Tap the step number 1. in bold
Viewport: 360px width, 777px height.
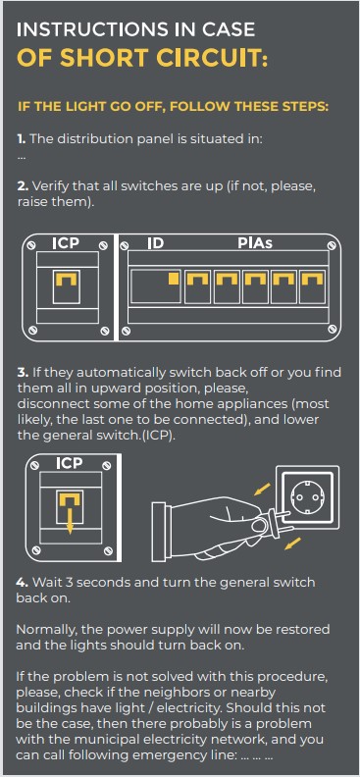point(22,138)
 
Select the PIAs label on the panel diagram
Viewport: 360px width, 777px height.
point(255,243)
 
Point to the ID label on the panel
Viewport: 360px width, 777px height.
point(156,243)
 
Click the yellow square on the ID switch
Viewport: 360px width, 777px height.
point(174,279)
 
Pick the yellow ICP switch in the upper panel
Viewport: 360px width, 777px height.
point(66,281)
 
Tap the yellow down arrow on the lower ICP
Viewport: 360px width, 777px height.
point(70,521)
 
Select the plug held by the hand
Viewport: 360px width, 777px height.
point(270,520)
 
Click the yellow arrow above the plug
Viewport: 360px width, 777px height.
point(262,490)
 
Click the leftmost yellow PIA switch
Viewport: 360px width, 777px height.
point(197,280)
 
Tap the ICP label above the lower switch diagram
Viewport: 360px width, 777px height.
point(69,463)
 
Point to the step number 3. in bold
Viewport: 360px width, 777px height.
point(23,373)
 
